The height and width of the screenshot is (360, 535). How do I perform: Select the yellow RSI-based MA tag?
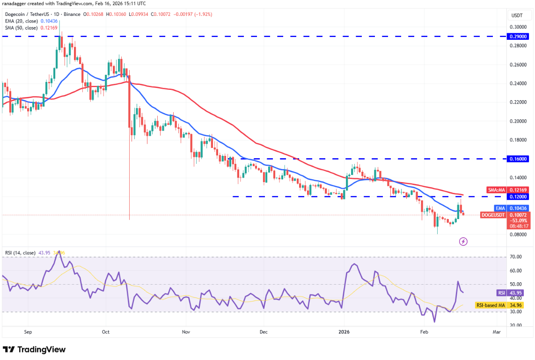coord(490,305)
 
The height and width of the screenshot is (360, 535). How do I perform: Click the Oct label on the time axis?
coord(106,331)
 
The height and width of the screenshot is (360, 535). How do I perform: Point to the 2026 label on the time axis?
coord(344,331)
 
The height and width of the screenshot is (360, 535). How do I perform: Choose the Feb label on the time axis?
coord(425,331)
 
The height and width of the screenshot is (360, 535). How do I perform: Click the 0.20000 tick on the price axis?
coord(518,121)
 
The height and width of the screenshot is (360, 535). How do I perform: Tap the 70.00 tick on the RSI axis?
coord(515,257)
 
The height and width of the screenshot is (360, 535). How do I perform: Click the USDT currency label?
coord(517,15)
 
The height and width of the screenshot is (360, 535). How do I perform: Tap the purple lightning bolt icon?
coord(463,242)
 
